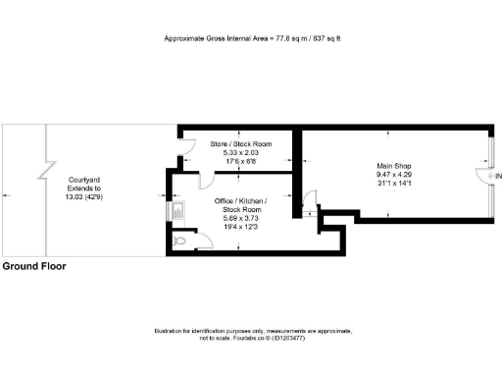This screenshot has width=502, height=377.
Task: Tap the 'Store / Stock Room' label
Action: (x=240, y=144)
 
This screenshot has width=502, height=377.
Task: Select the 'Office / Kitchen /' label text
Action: (x=241, y=200)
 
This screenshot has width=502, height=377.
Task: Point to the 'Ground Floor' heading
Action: (x=33, y=266)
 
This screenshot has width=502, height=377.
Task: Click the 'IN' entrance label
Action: (x=498, y=176)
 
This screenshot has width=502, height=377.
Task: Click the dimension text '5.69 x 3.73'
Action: (x=241, y=218)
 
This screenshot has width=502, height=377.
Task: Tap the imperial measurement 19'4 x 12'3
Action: (x=241, y=228)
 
